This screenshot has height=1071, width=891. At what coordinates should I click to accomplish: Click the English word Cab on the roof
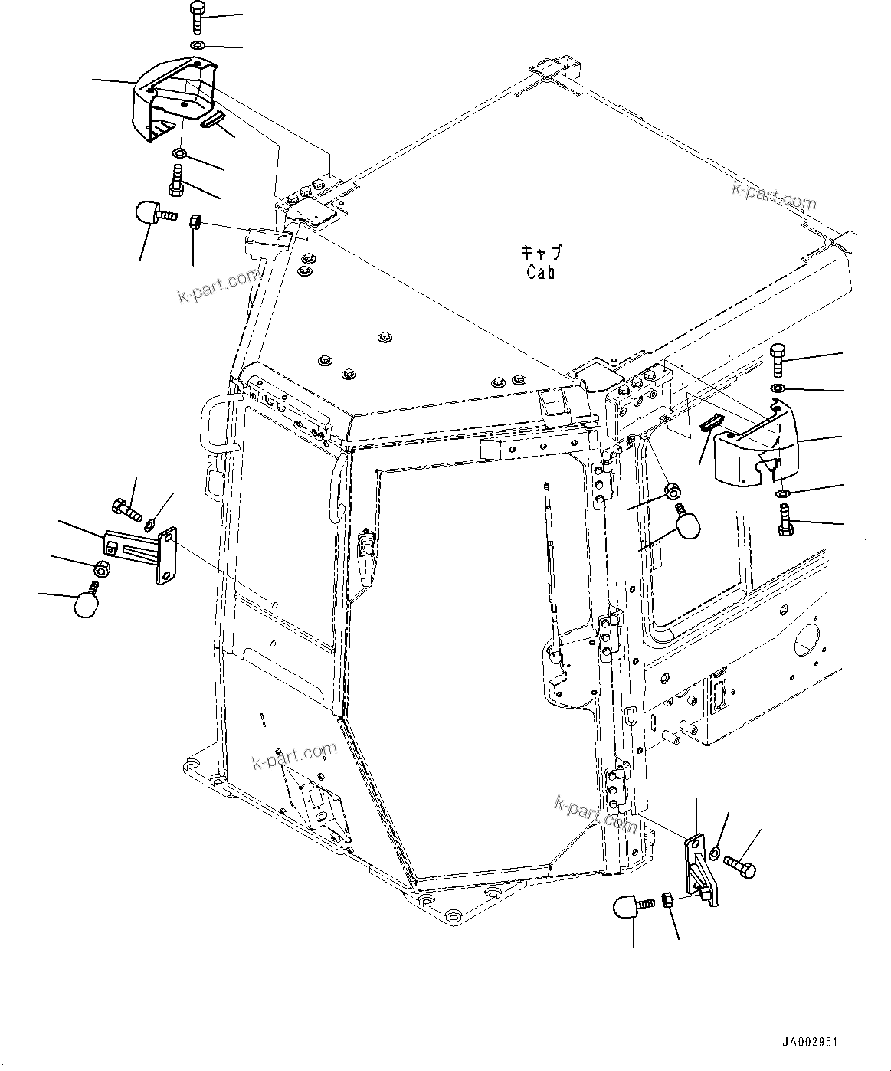coord(541,272)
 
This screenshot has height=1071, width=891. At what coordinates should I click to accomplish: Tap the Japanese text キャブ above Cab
coord(541,253)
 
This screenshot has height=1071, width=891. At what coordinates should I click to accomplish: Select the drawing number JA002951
coord(810,1043)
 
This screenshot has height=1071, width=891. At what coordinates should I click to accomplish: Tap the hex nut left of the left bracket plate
coord(100,568)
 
